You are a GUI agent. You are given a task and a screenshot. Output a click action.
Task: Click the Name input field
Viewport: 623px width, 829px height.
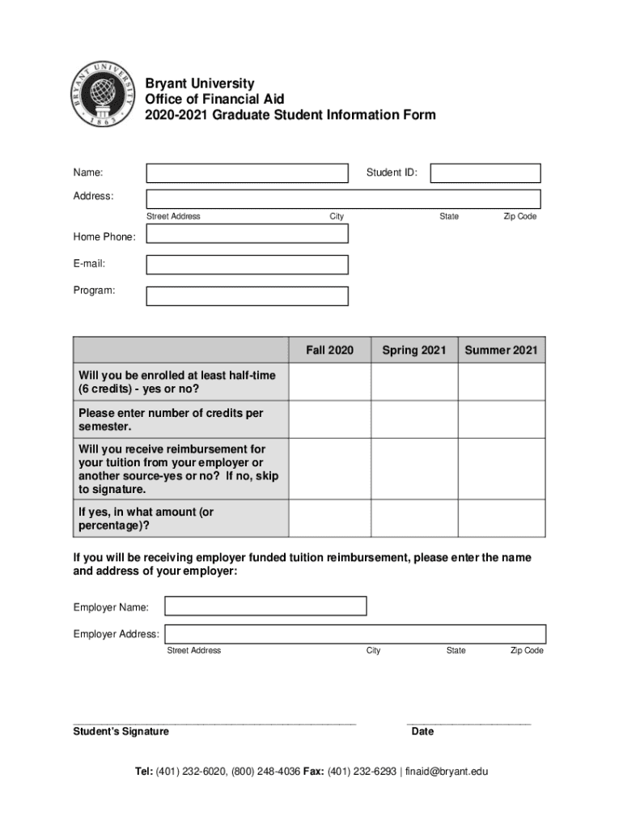pyautogui.click(x=247, y=173)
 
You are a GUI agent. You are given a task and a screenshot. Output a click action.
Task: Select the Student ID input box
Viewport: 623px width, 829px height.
pyautogui.click(x=485, y=173)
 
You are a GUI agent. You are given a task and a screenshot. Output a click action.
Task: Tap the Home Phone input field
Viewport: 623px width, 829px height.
pyautogui.click(x=247, y=234)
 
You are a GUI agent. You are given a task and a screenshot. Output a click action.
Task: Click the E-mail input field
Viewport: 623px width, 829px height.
pyautogui.click(x=247, y=265)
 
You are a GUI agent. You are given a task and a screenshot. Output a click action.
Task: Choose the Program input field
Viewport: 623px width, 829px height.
pyautogui.click(x=247, y=295)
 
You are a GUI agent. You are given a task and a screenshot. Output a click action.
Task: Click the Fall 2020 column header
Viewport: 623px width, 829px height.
pyautogui.click(x=329, y=351)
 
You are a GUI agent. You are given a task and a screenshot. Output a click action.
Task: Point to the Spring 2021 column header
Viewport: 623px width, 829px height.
pyautogui.click(x=414, y=351)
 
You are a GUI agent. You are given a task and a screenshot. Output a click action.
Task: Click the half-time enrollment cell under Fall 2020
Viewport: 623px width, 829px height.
pyautogui.click(x=329, y=381)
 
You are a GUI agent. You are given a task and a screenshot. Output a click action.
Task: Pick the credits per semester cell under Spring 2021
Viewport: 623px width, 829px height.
pyautogui.click(x=414, y=419)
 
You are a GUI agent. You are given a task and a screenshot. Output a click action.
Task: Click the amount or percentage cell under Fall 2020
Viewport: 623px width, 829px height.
pyautogui.click(x=329, y=518)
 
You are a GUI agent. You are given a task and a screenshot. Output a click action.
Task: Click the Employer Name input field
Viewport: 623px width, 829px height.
pyautogui.click(x=265, y=606)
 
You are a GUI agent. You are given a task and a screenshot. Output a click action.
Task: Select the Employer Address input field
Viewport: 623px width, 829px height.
pyautogui.click(x=354, y=634)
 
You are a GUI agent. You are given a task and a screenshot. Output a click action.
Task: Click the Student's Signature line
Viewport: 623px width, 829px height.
pyautogui.click(x=214, y=720)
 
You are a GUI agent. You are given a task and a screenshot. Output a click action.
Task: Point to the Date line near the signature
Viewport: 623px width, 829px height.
pyautogui.click(x=468, y=720)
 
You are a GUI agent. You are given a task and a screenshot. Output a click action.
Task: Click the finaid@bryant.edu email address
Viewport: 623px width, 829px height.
pyautogui.click(x=447, y=772)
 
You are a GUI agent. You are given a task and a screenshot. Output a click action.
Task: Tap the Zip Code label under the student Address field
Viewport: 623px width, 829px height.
pyautogui.click(x=519, y=216)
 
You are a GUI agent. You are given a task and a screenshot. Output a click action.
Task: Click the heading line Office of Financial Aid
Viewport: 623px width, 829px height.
pyautogui.click(x=214, y=99)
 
